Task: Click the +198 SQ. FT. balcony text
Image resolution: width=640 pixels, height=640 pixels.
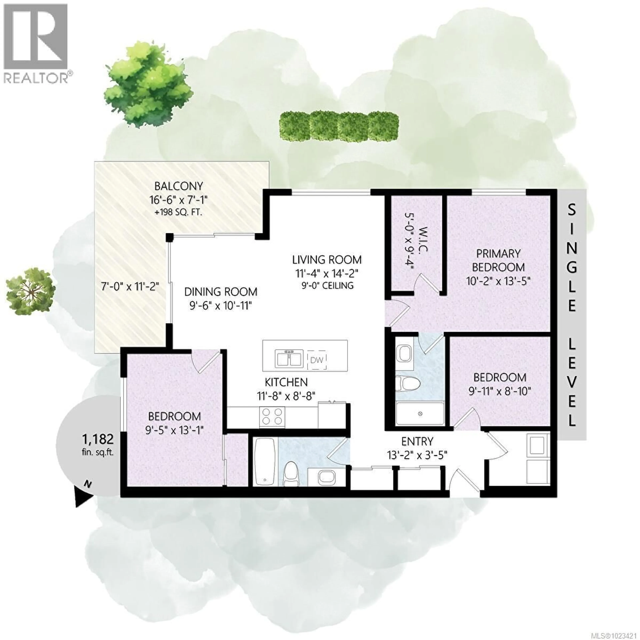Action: [x=178, y=212]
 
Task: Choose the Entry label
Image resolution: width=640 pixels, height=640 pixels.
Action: [x=417, y=441]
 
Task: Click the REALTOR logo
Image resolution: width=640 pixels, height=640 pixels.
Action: [x=36, y=43]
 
